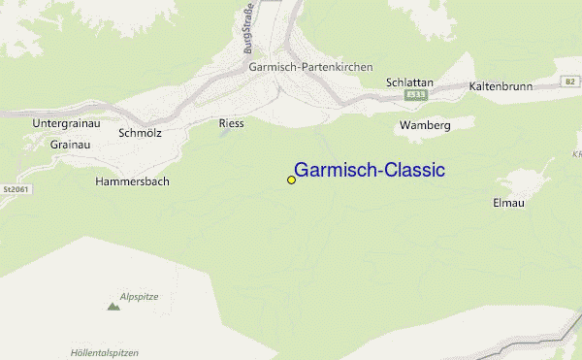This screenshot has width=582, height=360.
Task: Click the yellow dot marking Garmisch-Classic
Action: click(x=291, y=180)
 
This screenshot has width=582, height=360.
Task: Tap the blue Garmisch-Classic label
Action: click(x=369, y=170)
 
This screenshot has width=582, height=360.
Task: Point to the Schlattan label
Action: click(x=408, y=83)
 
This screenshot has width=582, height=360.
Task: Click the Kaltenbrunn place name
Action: click(x=501, y=86)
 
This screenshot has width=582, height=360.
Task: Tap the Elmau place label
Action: click(x=508, y=204)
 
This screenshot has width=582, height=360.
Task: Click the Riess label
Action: click(x=233, y=123)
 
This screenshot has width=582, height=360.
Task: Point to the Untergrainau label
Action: click(x=67, y=124)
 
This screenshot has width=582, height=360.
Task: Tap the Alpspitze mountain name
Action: click(x=139, y=295)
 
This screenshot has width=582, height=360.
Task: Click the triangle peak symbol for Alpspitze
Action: click(x=113, y=307)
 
